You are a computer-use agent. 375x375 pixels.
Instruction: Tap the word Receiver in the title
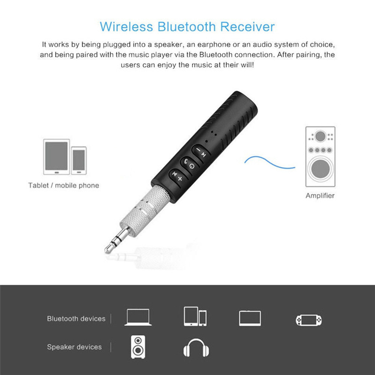pyautogui.click(x=247, y=27)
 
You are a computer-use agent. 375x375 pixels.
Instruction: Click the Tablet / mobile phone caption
pyautogui.click(x=64, y=185)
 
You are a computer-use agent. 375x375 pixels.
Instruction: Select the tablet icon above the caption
pyautogui.click(x=56, y=157)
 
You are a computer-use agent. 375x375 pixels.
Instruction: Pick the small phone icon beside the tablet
pyautogui.click(x=79, y=160)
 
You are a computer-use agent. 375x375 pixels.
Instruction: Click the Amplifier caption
pyautogui.click(x=320, y=195)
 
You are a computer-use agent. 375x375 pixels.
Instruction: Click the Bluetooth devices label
pyautogui.click(x=76, y=319)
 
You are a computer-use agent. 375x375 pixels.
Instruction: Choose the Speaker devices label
pyautogui.click(x=74, y=347)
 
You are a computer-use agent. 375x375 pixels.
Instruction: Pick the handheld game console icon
pyautogui.click(x=309, y=320)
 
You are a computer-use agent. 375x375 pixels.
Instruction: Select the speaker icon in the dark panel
pyautogui.click(x=138, y=347)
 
